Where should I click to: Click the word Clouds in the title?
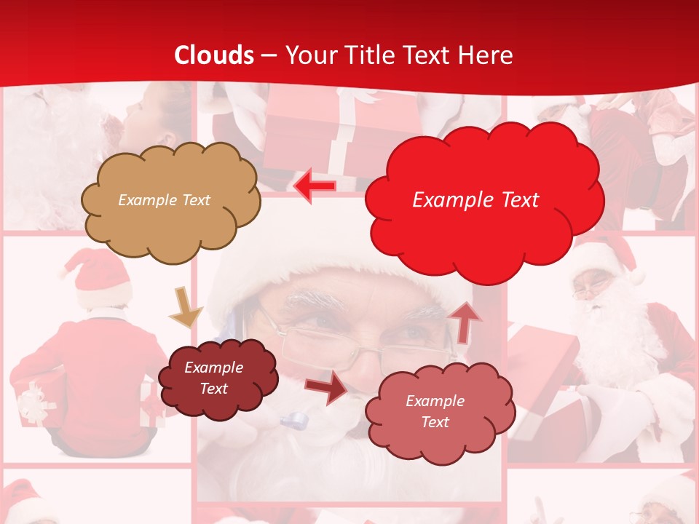click(214, 55)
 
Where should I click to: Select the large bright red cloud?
click(483, 200)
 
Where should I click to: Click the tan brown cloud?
click(170, 200)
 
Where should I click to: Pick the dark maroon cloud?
click(217, 378)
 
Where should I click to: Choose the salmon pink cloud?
click(438, 411)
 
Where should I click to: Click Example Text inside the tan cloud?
click(165, 200)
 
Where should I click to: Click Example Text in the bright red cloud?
click(475, 200)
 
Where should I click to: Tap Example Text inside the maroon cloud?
click(213, 378)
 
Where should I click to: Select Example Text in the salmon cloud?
click(435, 411)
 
